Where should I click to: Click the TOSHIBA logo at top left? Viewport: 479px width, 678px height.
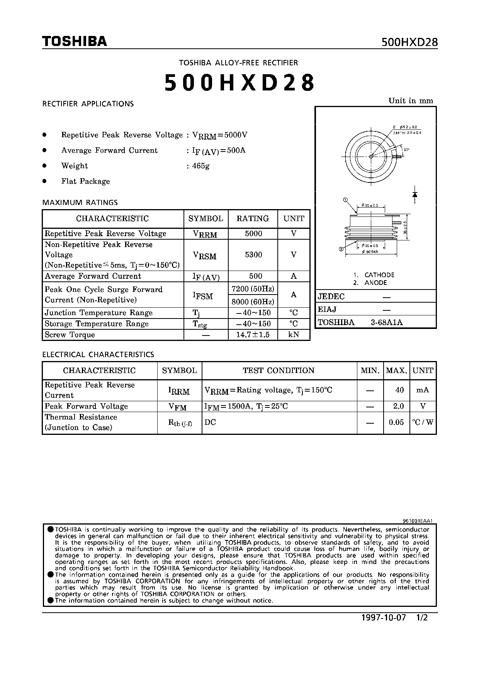coord(74,41)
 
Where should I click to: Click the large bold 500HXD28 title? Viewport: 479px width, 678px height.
coord(239,82)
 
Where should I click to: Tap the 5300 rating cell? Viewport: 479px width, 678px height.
coord(253,255)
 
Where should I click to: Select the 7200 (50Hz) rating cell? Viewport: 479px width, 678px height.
coord(253,289)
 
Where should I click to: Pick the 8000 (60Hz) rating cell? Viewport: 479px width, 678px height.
coord(253,302)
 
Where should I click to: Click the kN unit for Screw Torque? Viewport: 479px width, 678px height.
coord(294,335)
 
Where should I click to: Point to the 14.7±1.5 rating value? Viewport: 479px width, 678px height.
coord(253,335)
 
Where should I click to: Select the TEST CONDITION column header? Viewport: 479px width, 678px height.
coord(279,371)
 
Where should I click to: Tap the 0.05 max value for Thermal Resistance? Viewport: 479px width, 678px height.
coord(396,422)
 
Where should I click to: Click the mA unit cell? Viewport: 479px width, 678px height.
coord(423,390)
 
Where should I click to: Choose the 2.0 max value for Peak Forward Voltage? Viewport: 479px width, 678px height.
coord(398,406)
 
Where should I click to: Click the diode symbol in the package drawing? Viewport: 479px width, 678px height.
coord(415,194)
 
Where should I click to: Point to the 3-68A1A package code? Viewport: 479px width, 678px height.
coord(387,322)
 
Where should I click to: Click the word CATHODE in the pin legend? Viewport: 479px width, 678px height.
coord(379,275)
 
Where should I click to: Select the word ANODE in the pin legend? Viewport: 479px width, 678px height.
coord(375,283)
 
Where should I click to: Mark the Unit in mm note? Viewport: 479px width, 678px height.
coord(411,101)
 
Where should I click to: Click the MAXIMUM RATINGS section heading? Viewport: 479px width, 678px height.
coord(80,203)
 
